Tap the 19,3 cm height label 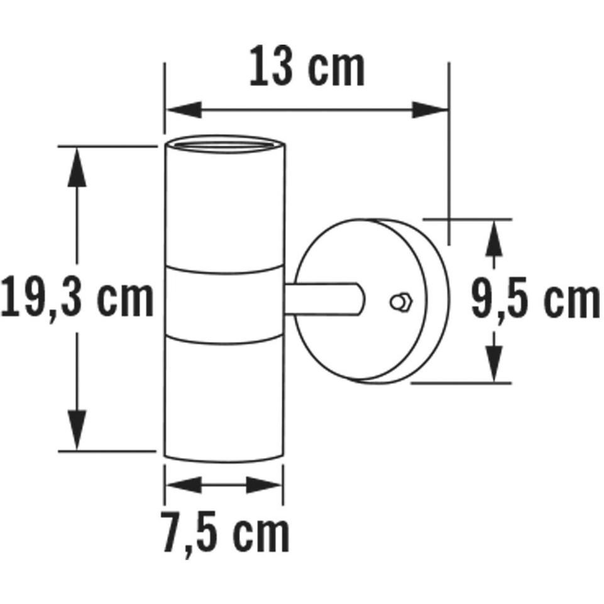pyautogui.click(x=77, y=299)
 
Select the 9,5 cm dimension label pyautogui.click(x=535, y=300)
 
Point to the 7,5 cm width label pyautogui.click(x=224, y=533)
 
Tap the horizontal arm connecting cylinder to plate pyautogui.click(x=323, y=299)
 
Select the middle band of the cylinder pyautogui.click(x=224, y=304)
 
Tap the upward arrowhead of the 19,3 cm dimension pyautogui.click(x=77, y=167)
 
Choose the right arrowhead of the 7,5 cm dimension pyautogui.click(x=264, y=485)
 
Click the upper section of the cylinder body pyautogui.click(x=224, y=207)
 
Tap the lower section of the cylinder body pyautogui.click(x=224, y=396)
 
